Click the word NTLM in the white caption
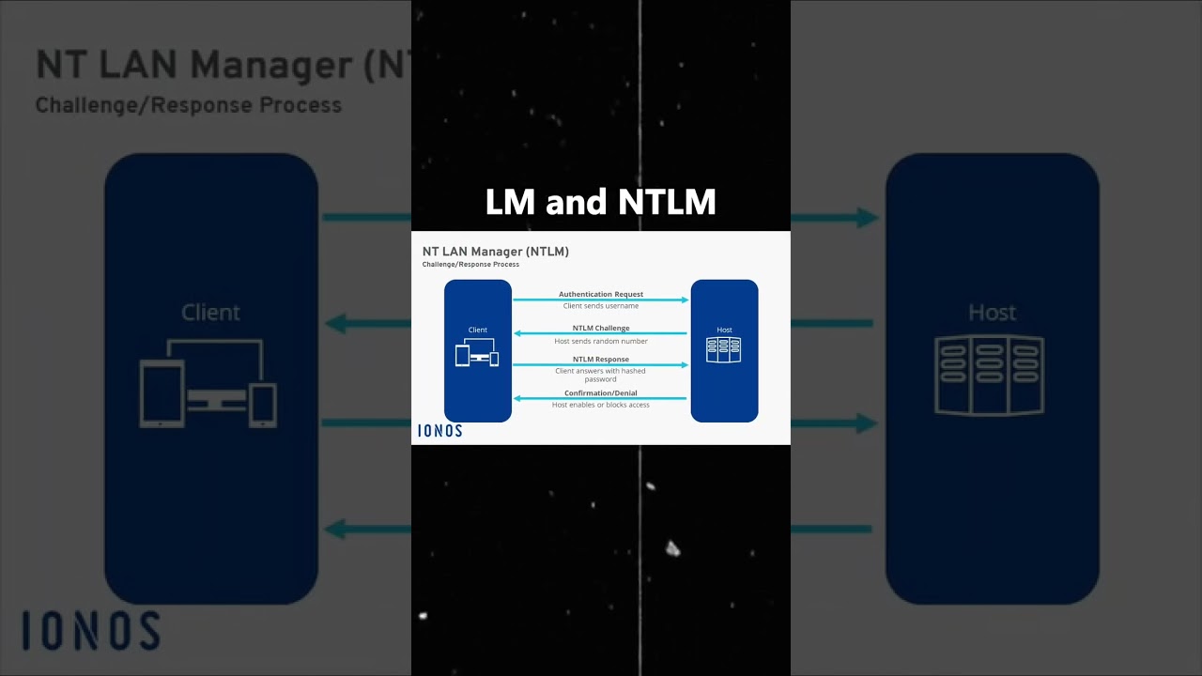point(667,202)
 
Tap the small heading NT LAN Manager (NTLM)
point(495,252)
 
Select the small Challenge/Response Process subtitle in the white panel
point(470,265)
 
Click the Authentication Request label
point(600,294)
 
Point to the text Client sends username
point(600,306)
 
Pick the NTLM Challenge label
point(600,328)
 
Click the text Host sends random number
point(600,341)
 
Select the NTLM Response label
point(600,360)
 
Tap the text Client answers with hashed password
point(600,375)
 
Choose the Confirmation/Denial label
point(600,393)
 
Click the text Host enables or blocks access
point(600,405)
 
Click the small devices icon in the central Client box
point(477,352)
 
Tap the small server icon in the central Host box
point(724,350)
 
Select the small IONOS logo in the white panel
point(440,431)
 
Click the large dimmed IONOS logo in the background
point(91,630)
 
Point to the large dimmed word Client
point(210,313)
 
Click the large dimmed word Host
point(992,313)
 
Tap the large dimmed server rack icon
point(990,375)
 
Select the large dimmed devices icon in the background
point(208,383)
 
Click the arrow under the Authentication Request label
point(600,300)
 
